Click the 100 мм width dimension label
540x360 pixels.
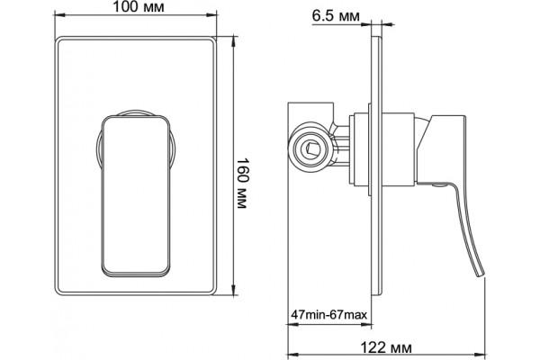coord(139,7)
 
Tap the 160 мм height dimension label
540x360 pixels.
coord(242,184)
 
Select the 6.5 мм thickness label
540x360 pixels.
coord(336,15)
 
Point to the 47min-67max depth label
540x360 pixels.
coord(329,314)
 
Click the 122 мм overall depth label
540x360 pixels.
coord(386,347)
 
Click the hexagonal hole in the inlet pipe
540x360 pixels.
coord(312,148)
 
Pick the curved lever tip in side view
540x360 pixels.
coord(480,272)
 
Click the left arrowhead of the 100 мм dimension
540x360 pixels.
coord(59,14)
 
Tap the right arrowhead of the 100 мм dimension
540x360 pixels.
coord(211,14)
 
